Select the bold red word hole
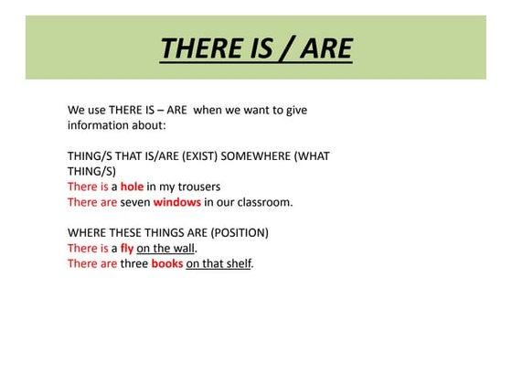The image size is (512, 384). tap(133, 187)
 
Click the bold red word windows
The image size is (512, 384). tap(176, 202)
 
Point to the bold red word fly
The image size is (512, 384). tap(127, 248)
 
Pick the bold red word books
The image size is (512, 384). tap(167, 263)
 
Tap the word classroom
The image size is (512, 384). tap(261, 202)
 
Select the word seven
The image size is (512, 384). tap(135, 202)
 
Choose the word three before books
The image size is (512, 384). tap(134, 263)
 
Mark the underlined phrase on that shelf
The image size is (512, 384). tap(219, 263)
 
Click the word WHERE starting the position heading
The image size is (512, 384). tap(89, 232)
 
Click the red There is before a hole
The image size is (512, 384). tap(88, 187)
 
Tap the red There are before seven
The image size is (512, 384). tap(91, 202)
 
